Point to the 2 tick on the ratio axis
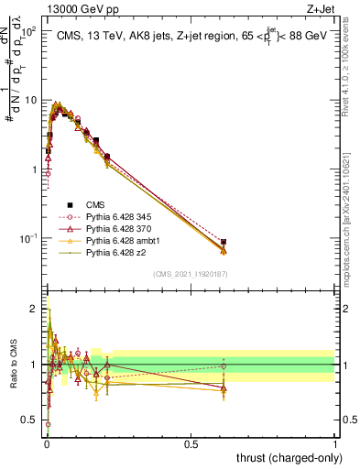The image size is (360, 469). click(33, 308)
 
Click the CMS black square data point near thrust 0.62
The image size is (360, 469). click(224, 242)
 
